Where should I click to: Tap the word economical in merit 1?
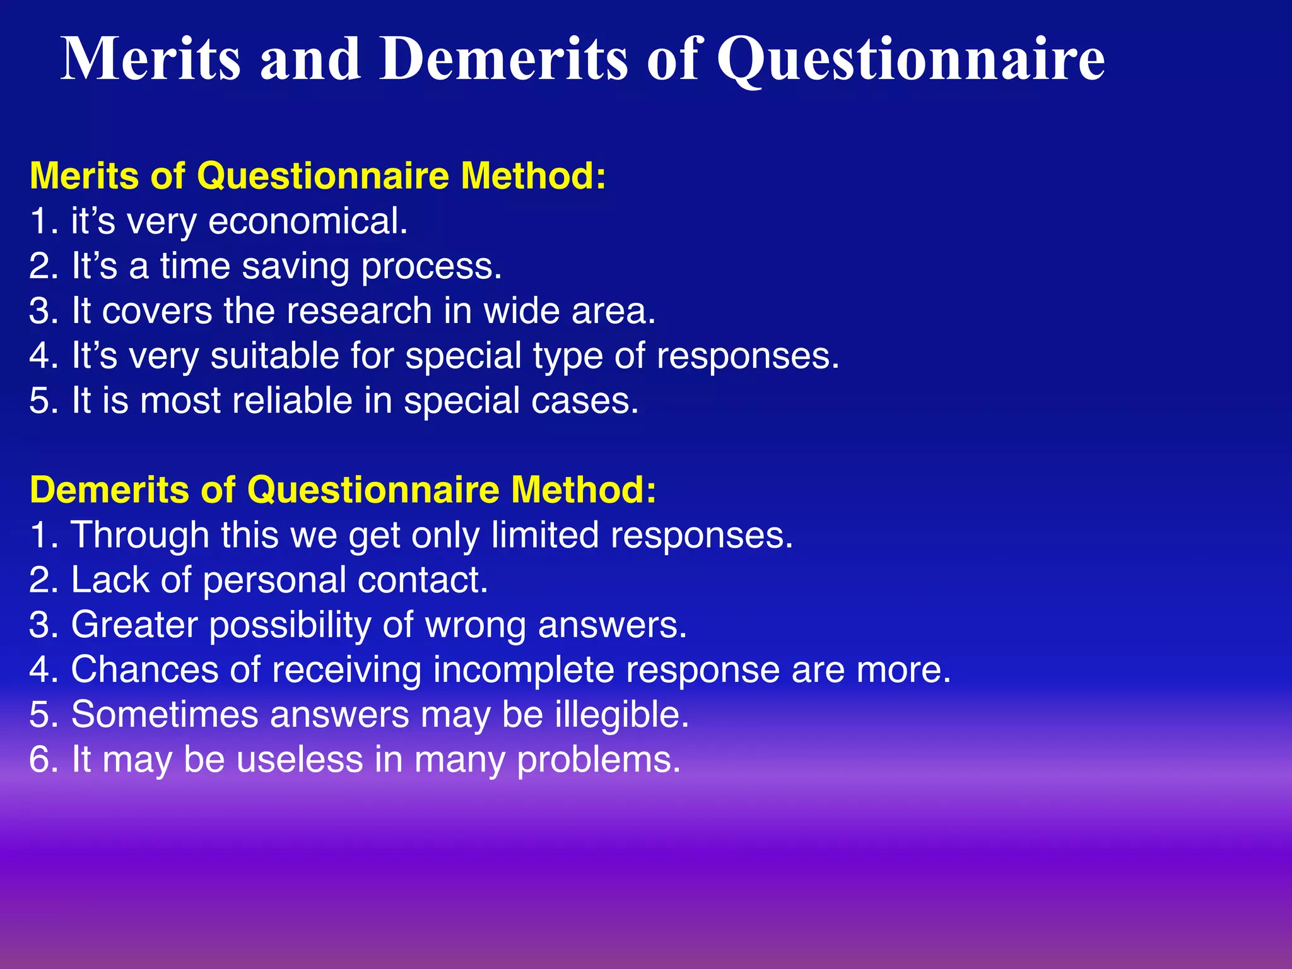307,222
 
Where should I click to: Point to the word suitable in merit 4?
275,356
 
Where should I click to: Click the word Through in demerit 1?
139,535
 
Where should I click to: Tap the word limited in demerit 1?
545,535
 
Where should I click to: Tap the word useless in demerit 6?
300,759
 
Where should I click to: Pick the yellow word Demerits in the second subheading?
109,490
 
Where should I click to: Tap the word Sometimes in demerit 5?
165,714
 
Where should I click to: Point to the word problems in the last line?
598,760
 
